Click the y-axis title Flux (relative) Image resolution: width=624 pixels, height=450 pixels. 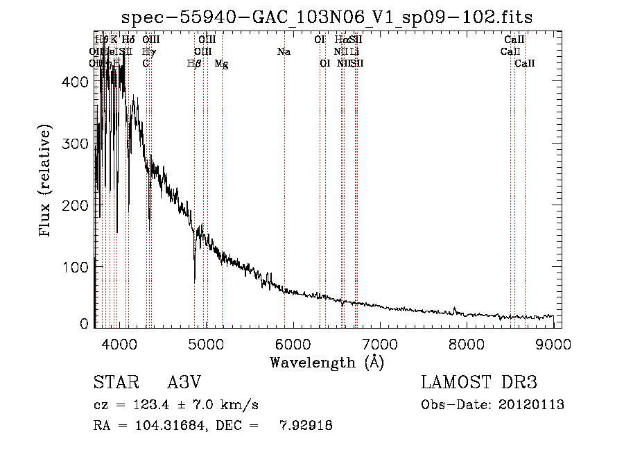coord(46,182)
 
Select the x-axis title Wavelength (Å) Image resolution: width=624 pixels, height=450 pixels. coord(327,362)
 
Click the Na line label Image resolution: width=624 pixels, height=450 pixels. coord(283,51)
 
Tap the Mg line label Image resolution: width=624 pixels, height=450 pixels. coord(221,63)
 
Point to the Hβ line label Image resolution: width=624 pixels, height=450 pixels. coord(194,63)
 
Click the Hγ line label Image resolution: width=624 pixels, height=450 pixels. coord(148,51)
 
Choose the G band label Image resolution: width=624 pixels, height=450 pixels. coord(146,63)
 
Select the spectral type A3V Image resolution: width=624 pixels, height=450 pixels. coord(183,383)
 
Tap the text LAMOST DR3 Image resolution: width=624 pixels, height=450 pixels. coord(478,383)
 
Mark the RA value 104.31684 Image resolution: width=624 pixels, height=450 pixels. coord(162,426)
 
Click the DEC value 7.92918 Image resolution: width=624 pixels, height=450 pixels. coord(305,426)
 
